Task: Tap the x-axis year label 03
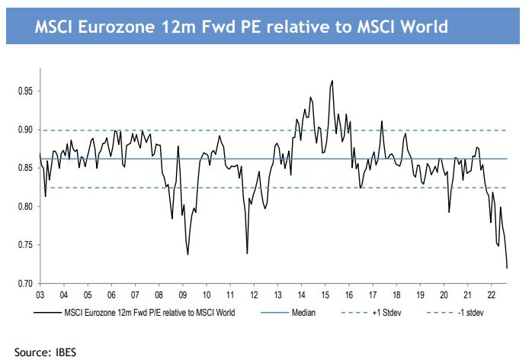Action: pyautogui.click(x=40, y=294)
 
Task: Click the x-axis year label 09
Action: pyautogui.click(x=183, y=294)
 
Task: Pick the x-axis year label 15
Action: pyautogui.click(x=325, y=294)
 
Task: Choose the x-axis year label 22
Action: pyautogui.click(x=492, y=294)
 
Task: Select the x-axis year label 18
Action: pyautogui.click(x=396, y=294)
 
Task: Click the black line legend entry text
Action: pyautogui.click(x=149, y=311)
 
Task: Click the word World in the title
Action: pyautogui.click(x=419, y=27)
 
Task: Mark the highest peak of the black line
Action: pyautogui.click(x=332, y=80)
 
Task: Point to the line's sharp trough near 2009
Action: pyautogui.click(x=187, y=254)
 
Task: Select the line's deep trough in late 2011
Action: pyautogui.click(x=247, y=253)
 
